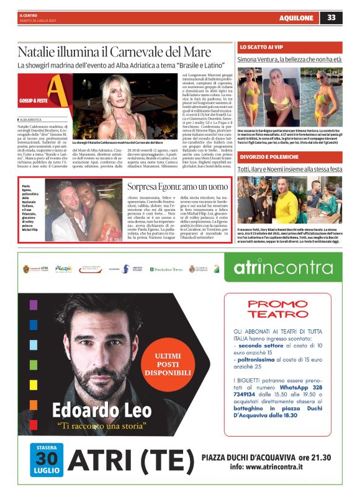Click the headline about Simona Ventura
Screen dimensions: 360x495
point(289,60)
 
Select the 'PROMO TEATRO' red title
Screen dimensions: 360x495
point(277,308)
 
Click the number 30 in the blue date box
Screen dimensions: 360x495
point(47,462)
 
